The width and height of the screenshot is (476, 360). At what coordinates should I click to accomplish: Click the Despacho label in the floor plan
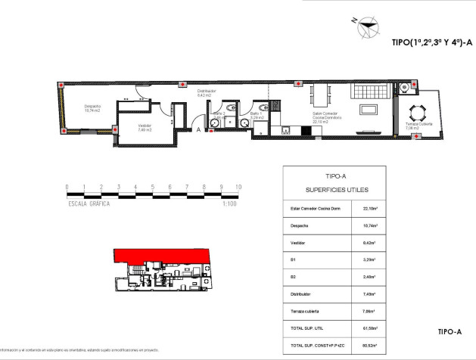92,107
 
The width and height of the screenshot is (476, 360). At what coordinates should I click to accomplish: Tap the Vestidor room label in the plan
145,128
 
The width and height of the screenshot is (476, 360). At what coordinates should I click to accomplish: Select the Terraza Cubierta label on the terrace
418,126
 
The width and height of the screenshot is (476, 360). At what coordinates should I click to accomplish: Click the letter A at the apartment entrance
198,130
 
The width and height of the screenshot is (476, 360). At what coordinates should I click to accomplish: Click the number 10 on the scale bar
238,186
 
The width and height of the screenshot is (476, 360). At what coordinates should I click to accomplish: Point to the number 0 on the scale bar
67,186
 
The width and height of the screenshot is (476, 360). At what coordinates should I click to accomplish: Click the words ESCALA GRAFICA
89,203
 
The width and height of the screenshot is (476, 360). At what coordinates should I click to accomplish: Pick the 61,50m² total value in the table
370,327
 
